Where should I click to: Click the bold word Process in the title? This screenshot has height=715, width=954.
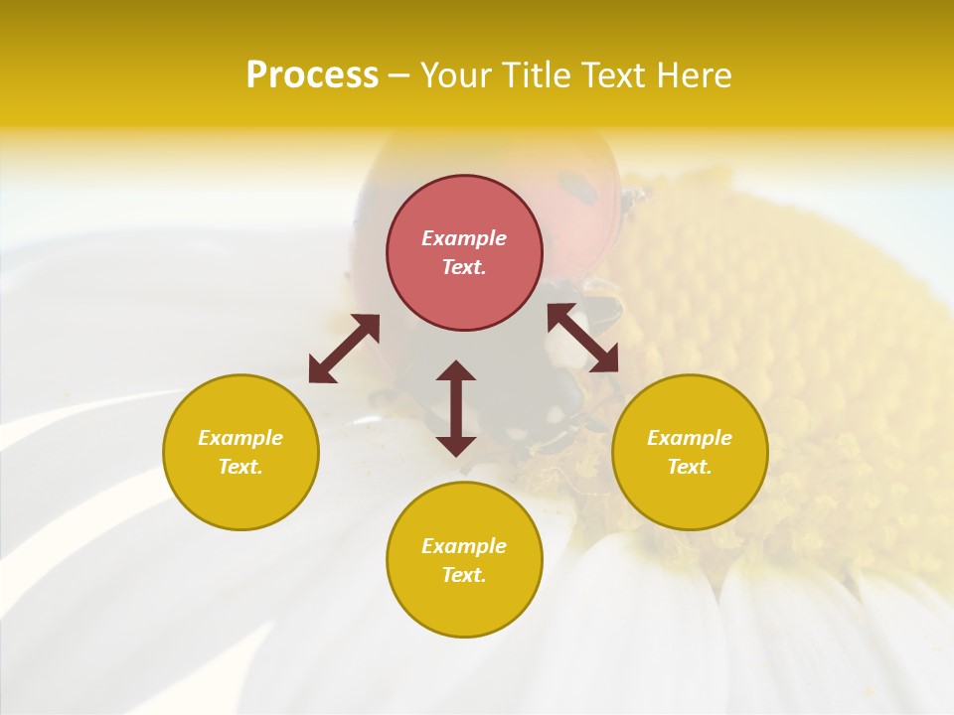[x=312, y=75]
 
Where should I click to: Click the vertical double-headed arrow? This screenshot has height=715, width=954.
[x=456, y=408]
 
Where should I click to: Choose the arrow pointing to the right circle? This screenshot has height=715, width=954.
[x=583, y=338]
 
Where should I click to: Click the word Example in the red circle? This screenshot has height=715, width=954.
[x=464, y=238]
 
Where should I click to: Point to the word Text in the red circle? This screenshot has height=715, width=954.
[x=464, y=267]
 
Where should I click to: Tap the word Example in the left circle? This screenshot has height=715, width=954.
[x=240, y=438]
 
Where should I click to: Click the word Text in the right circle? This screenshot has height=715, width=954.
[x=690, y=467]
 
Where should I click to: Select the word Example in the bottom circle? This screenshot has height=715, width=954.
[x=464, y=546]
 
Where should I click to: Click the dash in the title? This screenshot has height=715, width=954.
[x=399, y=75]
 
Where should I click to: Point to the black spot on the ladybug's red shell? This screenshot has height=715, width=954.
[x=572, y=184]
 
